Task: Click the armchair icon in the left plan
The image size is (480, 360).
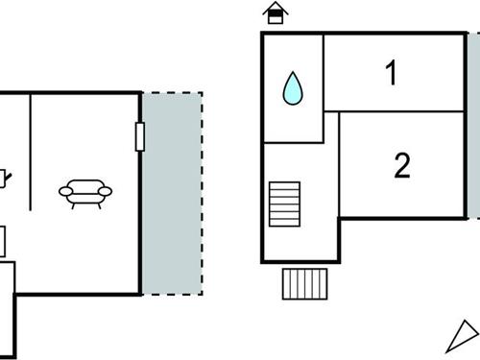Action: (x=85, y=193)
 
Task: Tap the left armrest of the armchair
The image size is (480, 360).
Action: (x=64, y=192)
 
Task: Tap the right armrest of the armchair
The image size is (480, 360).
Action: (x=106, y=192)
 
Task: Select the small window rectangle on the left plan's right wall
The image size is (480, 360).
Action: (x=140, y=137)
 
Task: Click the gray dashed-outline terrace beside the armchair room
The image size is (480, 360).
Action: (x=172, y=192)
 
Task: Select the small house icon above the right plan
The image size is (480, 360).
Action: (x=276, y=13)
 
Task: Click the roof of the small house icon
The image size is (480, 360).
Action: (x=276, y=8)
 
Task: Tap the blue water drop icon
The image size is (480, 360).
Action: (x=293, y=89)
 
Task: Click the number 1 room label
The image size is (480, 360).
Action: (x=391, y=73)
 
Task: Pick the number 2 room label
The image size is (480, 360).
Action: (x=402, y=166)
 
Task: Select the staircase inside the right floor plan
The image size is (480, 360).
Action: (x=284, y=204)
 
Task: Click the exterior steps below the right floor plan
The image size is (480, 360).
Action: (x=306, y=283)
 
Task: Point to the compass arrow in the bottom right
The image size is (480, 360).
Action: (x=463, y=337)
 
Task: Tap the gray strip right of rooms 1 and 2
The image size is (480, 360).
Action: (x=473, y=125)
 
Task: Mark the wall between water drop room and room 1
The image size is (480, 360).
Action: (x=324, y=72)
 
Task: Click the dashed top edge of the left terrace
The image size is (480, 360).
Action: (x=172, y=93)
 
